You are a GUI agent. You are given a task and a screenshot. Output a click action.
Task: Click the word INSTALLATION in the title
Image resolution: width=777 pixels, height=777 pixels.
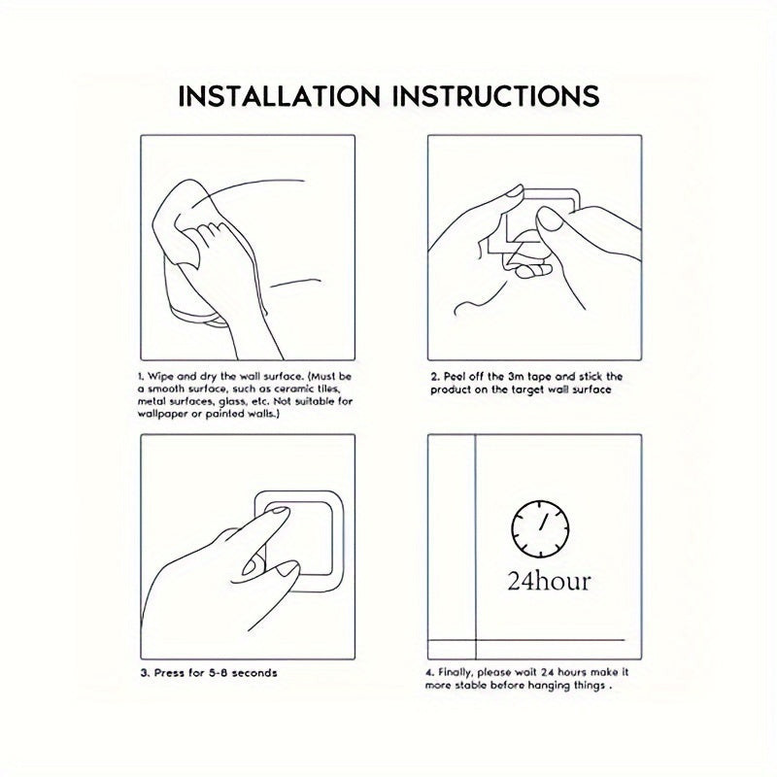click(279, 96)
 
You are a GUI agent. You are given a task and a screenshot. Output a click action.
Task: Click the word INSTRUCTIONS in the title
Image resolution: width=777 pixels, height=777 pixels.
click(495, 96)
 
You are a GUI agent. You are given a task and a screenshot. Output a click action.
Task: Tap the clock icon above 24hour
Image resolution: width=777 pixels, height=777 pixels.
click(540, 529)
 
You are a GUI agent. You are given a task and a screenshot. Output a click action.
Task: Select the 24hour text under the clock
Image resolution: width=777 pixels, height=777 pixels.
click(549, 581)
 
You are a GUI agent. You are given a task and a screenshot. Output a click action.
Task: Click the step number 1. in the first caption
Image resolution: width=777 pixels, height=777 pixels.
click(141, 377)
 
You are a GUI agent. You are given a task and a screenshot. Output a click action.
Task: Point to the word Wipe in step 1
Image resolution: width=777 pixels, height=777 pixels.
click(160, 377)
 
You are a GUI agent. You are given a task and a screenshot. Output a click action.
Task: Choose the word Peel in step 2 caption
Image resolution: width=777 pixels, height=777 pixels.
click(455, 377)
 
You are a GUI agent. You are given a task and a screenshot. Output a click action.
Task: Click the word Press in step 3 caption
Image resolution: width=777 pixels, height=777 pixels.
click(169, 673)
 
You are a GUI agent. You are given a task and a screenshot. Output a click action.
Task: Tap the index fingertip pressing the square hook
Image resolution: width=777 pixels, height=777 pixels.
click(281, 513)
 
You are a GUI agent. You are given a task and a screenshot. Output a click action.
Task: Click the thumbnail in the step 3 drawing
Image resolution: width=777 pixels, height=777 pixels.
click(252, 565)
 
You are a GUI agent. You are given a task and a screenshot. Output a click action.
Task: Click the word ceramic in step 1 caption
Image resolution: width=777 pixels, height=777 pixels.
click(284, 389)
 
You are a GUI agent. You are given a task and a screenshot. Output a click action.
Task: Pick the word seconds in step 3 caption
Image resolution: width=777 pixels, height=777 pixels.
click(254, 673)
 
